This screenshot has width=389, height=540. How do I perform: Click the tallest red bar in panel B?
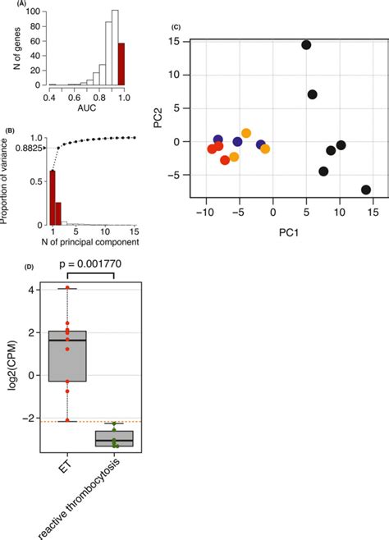[x=53, y=197]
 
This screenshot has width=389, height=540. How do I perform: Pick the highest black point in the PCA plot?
[x=306, y=45]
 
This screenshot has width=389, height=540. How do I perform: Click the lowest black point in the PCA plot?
[x=366, y=190]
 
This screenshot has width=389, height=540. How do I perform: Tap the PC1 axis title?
[x=281, y=243]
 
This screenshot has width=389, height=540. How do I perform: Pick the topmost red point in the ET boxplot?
[x=68, y=288]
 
